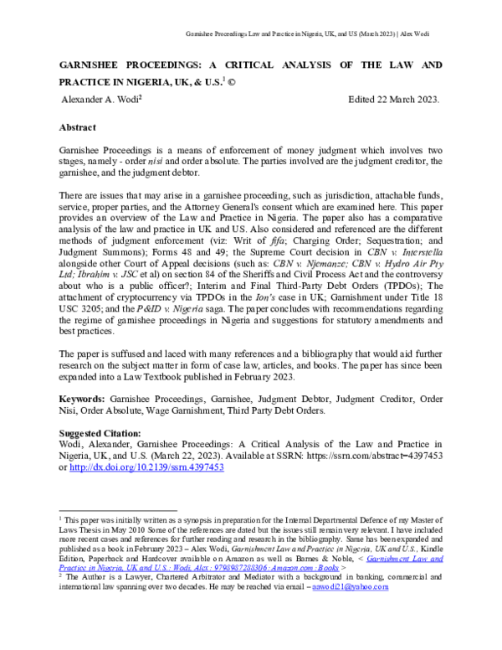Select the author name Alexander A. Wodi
click(x=101, y=100)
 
